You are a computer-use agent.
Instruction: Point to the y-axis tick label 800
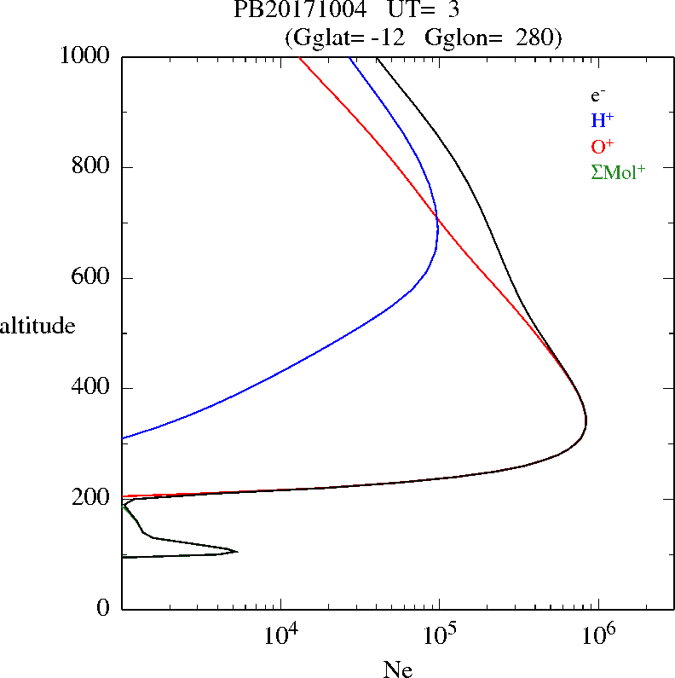point(92,167)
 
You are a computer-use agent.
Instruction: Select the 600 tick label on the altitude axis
point(92,278)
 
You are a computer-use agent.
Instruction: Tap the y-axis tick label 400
point(92,388)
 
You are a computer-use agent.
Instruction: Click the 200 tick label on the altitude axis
point(92,498)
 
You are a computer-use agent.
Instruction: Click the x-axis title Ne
point(397,669)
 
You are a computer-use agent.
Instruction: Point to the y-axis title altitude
point(37,325)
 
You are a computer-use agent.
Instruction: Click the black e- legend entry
point(598,96)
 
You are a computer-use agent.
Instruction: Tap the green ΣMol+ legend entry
point(618,171)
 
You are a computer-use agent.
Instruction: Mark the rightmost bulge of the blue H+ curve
point(437,219)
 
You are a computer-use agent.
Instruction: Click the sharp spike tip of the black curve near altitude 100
point(237,552)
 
